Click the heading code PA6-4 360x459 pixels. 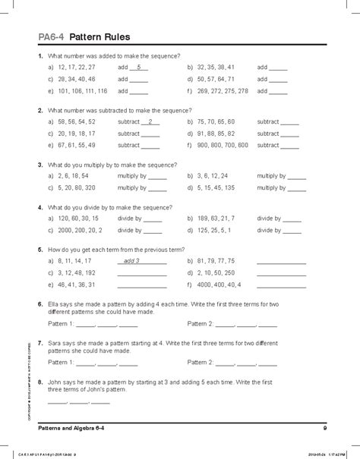(50, 36)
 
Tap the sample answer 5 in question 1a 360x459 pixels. (138, 67)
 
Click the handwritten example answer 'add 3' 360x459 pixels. (132, 260)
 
